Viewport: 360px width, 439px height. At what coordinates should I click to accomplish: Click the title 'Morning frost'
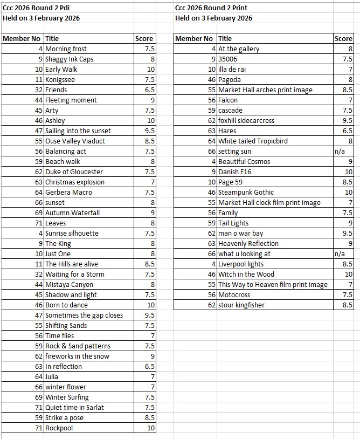point(66,49)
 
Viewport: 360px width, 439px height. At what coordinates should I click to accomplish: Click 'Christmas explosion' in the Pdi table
point(75,182)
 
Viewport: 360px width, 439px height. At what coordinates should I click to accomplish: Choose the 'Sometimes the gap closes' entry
point(84,315)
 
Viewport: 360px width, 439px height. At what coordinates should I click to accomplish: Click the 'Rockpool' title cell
point(59,428)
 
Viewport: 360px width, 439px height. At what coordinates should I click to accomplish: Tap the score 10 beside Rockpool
point(150,428)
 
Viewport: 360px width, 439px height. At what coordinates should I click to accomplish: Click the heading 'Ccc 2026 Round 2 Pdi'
point(36,8)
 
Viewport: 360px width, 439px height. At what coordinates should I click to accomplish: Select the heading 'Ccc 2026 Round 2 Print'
point(211,8)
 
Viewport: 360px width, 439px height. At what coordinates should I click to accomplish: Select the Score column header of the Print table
point(343,39)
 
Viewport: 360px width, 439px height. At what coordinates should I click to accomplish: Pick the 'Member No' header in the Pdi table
point(22,39)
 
